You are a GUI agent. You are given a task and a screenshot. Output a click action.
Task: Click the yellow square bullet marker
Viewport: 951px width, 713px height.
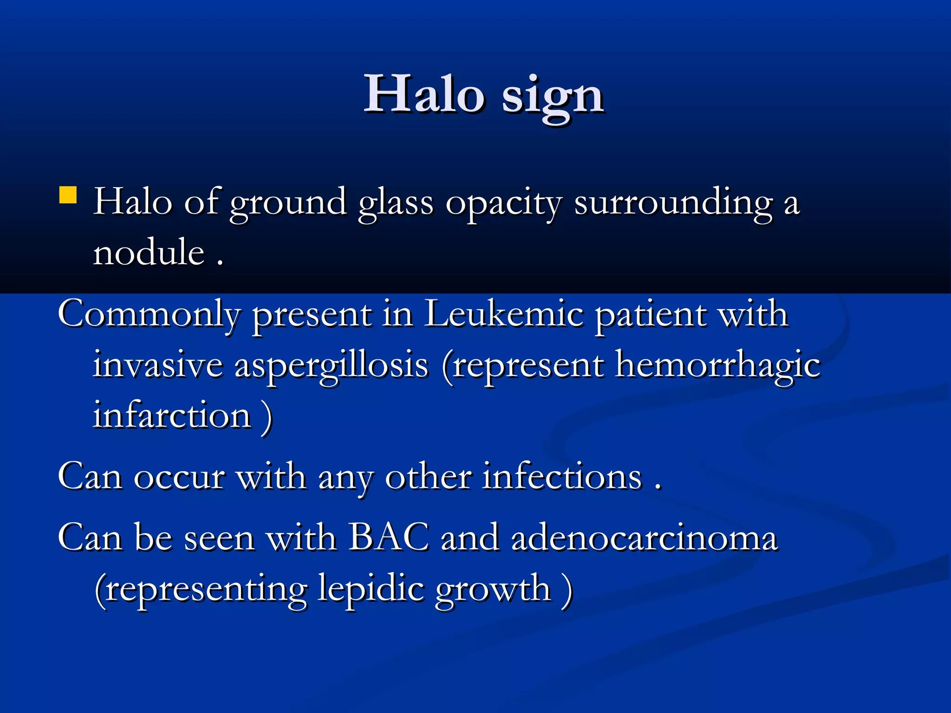tap(68, 195)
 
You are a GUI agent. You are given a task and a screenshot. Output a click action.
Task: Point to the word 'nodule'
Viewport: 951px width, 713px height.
tap(149, 252)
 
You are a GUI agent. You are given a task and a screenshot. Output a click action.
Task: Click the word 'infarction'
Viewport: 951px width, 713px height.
tap(172, 415)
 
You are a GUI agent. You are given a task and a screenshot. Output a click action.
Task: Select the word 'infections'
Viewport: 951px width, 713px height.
tap(562, 477)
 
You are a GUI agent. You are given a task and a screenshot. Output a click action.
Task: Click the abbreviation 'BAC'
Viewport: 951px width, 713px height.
tap(389, 537)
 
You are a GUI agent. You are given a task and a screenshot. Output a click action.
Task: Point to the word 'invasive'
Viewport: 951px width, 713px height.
tap(158, 365)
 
